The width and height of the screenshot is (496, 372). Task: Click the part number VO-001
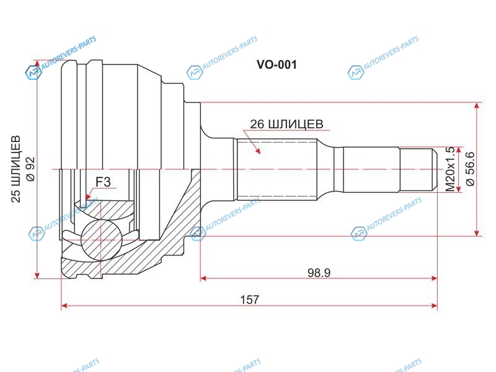point(277,65)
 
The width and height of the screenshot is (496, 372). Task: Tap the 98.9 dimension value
point(319,273)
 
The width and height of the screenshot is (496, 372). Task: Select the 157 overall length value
point(250,299)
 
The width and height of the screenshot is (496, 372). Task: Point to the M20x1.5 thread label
point(450,169)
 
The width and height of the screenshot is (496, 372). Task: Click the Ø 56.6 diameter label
point(470,169)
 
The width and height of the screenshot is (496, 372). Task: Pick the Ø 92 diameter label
point(30,169)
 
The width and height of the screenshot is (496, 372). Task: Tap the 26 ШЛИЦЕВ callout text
point(286,124)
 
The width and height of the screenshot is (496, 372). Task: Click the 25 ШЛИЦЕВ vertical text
point(15,169)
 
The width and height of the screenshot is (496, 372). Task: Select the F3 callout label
point(103,182)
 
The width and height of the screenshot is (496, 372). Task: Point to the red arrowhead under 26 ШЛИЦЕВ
point(258,150)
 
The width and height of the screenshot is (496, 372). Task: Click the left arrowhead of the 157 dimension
point(65,306)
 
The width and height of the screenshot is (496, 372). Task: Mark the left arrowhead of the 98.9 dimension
point(204,278)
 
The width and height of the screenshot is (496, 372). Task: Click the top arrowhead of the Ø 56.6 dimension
point(477,106)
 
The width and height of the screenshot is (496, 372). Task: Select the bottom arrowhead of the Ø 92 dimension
point(38,275)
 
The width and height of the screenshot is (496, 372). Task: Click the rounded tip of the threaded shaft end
point(435,169)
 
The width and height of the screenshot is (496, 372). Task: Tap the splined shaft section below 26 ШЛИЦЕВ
point(277,169)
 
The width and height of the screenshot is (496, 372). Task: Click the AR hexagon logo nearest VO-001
point(194,73)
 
